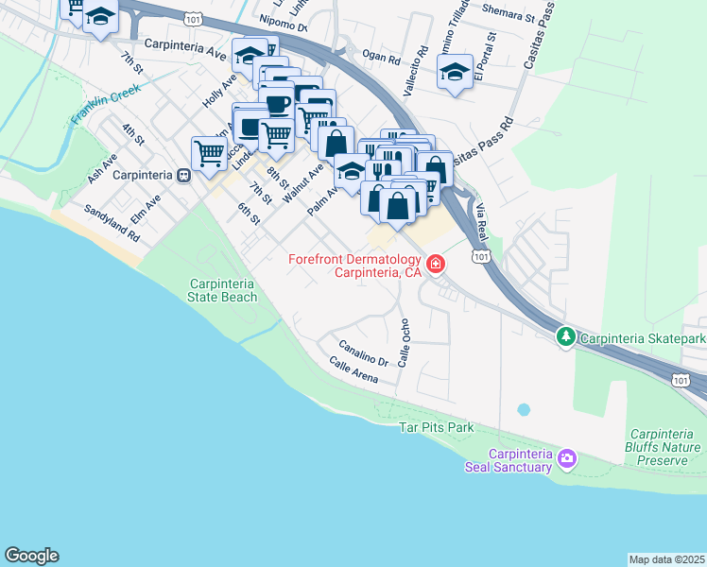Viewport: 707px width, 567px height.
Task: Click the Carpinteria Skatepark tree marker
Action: pyautogui.click(x=565, y=336)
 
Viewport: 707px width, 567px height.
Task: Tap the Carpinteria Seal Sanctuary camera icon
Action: pyautogui.click(x=566, y=459)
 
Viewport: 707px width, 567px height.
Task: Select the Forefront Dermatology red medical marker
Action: pyautogui.click(x=435, y=264)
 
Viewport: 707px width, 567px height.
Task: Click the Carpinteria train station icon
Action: pyautogui.click(x=184, y=175)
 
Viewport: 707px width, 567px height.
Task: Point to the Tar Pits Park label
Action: pyautogui.click(x=435, y=427)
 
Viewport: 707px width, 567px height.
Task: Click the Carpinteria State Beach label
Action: pyautogui.click(x=223, y=290)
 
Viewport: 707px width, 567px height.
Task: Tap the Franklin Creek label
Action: pyautogui.click(x=105, y=105)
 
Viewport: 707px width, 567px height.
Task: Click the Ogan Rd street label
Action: pyautogui.click(x=382, y=58)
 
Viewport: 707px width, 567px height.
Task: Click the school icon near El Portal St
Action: pyautogui.click(x=455, y=73)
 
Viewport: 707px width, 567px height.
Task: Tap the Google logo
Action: pyautogui.click(x=31, y=556)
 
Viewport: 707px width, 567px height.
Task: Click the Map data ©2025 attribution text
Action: pyautogui.click(x=666, y=559)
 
